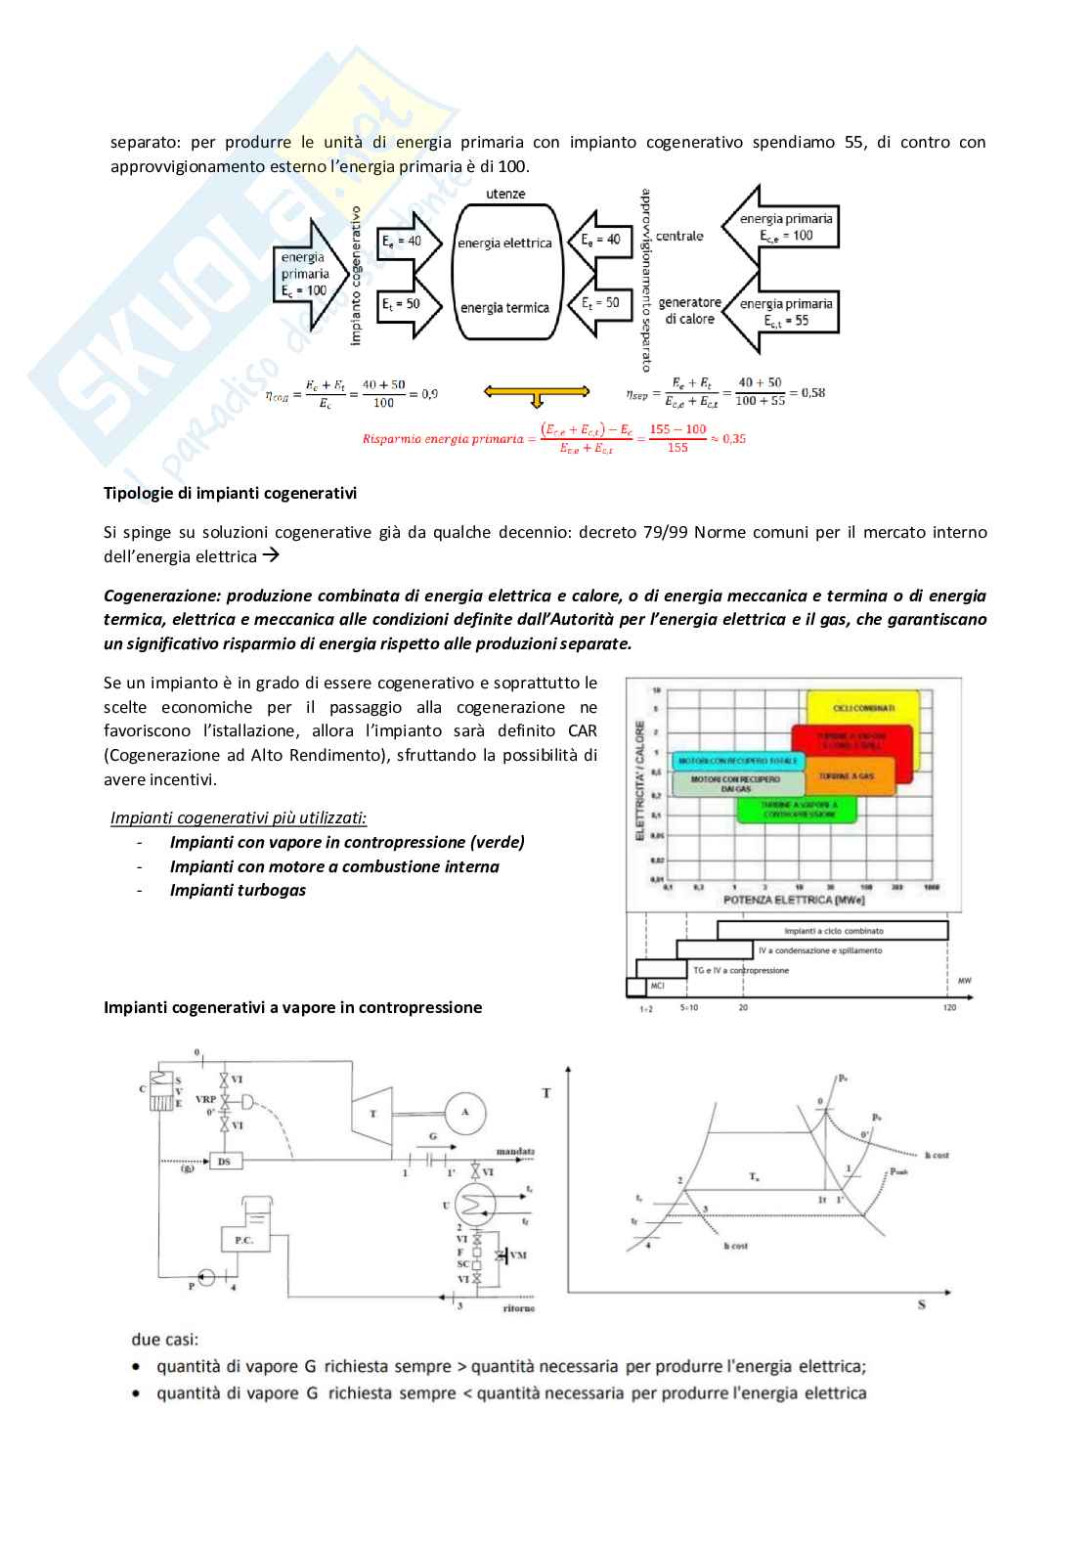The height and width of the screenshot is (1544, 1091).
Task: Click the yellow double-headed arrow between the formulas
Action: coord(536,392)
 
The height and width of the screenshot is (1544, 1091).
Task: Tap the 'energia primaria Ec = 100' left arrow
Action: coord(307,274)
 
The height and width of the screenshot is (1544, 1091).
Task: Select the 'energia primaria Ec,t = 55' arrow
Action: coord(783,312)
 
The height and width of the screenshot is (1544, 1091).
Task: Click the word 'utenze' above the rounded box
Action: coord(505,194)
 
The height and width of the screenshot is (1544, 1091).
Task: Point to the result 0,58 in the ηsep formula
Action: coord(812,392)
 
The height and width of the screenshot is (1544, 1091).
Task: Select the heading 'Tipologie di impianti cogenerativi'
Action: coord(230,493)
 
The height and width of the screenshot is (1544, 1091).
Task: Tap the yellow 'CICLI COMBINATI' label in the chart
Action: coord(863,708)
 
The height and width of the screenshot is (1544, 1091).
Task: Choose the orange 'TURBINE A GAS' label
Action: coord(847,775)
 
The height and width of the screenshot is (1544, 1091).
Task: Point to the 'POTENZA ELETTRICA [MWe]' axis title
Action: coord(792,899)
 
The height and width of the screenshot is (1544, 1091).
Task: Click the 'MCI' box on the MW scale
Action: coord(658,986)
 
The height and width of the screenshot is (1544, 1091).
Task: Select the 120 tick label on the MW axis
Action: coord(949,1007)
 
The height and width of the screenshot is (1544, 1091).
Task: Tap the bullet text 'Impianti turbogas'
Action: coord(238,890)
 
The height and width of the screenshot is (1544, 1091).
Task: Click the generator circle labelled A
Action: coord(465,1112)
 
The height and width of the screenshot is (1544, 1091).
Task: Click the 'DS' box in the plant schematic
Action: coord(225,1161)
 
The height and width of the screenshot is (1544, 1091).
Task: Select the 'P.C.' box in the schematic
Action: coord(244,1240)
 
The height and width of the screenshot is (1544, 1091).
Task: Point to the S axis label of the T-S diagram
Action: coord(921,1304)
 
